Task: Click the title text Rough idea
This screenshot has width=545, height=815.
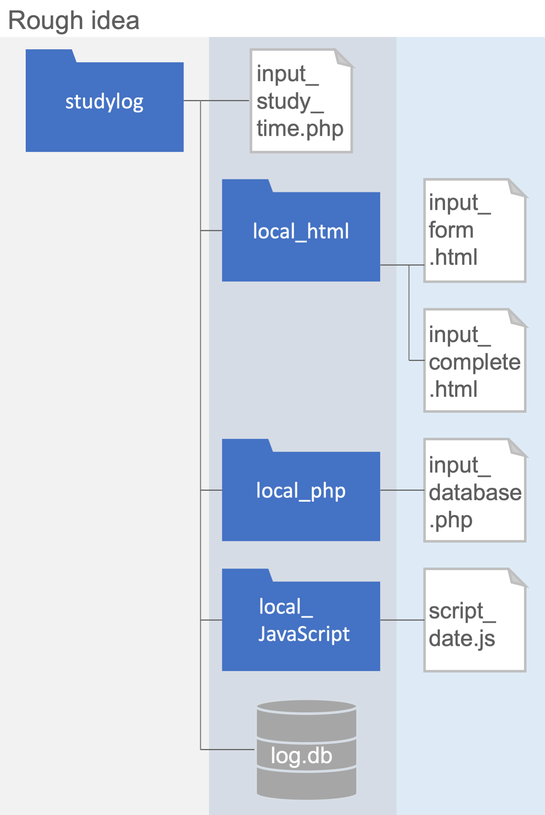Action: coord(74,20)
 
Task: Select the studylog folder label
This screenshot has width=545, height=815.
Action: coord(104,102)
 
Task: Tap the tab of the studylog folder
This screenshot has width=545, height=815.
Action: coord(50,55)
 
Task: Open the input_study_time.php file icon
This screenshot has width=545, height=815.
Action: coord(301,101)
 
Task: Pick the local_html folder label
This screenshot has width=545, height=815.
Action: coord(301,232)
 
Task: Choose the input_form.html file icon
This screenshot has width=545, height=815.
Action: coord(474,230)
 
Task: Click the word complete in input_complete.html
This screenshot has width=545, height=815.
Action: coord(474,362)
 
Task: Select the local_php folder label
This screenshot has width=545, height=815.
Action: coord(301,491)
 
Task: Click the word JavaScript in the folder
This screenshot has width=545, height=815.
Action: coord(303,634)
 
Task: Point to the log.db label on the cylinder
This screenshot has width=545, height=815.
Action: coord(301,756)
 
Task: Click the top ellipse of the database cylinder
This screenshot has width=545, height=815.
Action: coord(306,707)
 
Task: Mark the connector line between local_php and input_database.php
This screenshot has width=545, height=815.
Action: coord(402,490)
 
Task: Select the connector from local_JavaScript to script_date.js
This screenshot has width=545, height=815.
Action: coord(402,620)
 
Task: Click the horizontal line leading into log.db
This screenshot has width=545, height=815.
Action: coord(227,749)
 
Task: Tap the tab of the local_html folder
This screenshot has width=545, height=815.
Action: coord(247,186)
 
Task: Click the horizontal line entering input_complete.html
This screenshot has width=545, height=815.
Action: coord(416,360)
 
